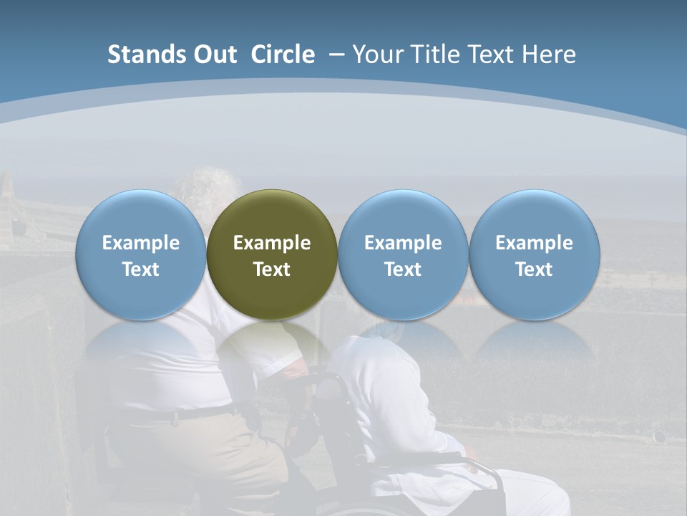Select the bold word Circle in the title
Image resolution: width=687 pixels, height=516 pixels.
tap(283, 54)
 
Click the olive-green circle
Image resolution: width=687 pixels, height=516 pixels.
tap(272, 254)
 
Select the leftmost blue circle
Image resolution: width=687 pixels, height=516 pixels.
tap(141, 254)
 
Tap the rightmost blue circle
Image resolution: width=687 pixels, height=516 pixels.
tap(534, 254)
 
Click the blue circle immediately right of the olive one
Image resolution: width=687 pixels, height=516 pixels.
tap(403, 254)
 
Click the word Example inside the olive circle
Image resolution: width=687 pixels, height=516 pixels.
tap(272, 243)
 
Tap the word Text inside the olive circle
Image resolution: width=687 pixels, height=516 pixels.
tap(272, 269)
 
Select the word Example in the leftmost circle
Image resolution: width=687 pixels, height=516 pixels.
tap(141, 243)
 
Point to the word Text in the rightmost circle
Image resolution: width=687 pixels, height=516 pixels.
tap(534, 269)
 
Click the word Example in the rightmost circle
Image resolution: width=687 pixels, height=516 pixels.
tap(534, 243)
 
